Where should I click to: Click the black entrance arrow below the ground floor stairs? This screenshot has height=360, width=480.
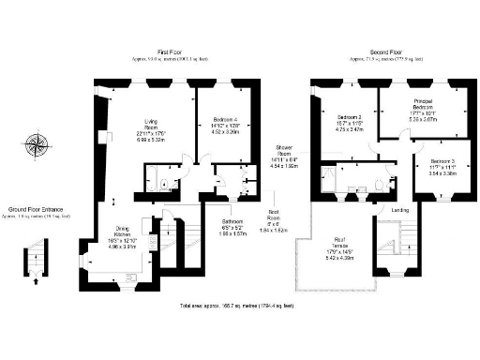coord(36,278)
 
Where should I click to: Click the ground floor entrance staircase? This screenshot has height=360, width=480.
coord(37,251)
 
